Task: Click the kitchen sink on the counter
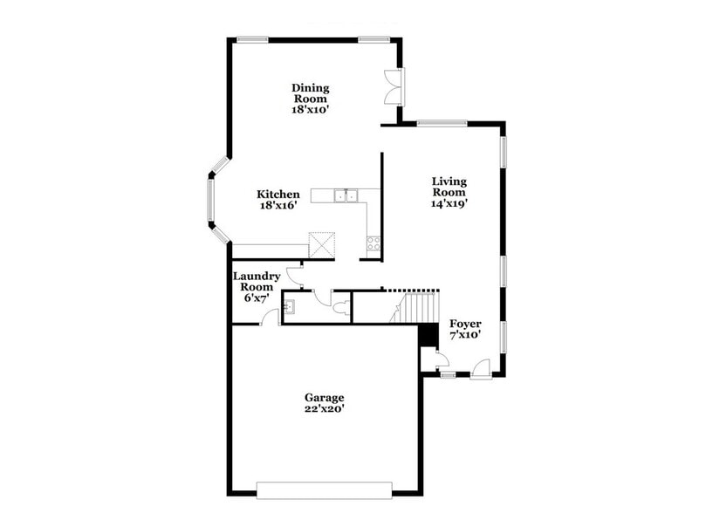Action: coord(347,195)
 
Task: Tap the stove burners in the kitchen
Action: coord(374,243)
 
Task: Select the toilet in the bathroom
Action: coord(340,306)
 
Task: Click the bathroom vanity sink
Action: coord(290,306)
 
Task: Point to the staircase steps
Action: coord(419,307)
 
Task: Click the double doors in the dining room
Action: coord(394,87)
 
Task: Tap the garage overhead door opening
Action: coord(325,489)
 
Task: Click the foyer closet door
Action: coord(440,358)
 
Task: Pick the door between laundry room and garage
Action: coord(271,318)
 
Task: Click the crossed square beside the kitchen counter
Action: coord(323,244)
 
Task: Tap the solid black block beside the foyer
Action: coord(428,335)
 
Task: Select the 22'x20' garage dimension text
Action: coord(324,409)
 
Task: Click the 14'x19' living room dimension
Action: coord(449,203)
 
